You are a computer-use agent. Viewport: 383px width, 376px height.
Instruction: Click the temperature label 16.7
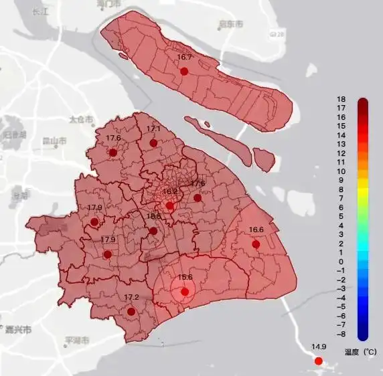click(x=184, y=58)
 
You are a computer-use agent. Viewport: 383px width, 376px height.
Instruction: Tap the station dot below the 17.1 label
click(x=153, y=143)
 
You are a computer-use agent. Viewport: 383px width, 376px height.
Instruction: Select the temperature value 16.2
click(x=170, y=191)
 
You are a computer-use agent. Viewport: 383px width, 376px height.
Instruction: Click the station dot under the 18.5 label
click(x=153, y=231)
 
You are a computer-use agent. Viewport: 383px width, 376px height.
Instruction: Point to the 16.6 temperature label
click(x=256, y=230)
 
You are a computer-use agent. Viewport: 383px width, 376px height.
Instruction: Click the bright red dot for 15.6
click(x=184, y=292)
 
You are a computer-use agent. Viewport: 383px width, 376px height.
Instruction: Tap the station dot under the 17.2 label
click(x=131, y=311)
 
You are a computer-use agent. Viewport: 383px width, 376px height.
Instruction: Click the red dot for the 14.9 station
click(x=319, y=361)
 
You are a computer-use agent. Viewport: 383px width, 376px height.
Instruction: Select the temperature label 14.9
click(x=319, y=347)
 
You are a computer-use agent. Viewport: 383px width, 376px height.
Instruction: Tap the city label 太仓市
click(x=78, y=120)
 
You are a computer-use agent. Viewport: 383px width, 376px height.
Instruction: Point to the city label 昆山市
click(x=54, y=141)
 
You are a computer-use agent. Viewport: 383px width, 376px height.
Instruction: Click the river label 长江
click(x=42, y=11)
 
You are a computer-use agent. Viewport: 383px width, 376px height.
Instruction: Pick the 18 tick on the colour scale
click(x=341, y=99)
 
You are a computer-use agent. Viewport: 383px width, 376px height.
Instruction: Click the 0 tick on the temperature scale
click(x=341, y=262)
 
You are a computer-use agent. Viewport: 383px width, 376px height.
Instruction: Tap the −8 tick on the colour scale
click(x=341, y=334)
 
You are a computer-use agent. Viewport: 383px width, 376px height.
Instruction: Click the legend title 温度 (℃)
click(x=360, y=351)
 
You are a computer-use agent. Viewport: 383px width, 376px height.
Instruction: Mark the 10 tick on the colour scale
click(x=341, y=171)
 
